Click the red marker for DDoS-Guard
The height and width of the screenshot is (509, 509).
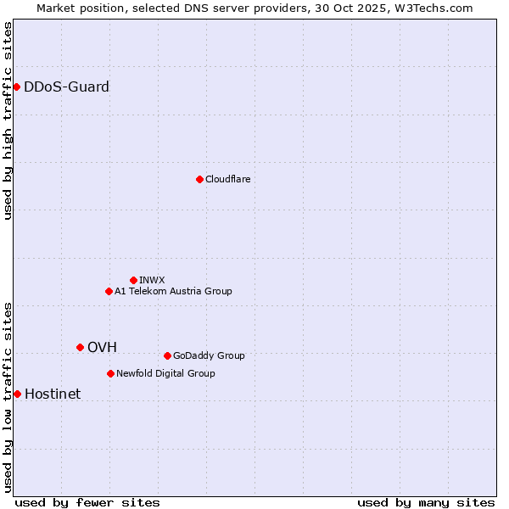coord(16,87)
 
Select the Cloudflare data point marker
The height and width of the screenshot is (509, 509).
coord(199,179)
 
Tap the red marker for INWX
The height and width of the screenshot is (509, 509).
coord(133,280)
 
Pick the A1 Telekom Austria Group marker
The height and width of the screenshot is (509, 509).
coord(109,291)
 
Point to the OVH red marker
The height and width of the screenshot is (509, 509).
coord(80,347)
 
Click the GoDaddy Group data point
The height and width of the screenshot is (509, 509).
coord(167,355)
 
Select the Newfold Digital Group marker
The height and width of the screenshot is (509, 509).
coord(110,373)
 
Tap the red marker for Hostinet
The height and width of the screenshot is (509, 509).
coord(17,394)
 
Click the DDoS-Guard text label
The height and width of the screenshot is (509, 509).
coord(66,87)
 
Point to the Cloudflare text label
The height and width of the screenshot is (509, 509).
coord(227,179)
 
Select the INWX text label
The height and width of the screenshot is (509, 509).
coord(152,280)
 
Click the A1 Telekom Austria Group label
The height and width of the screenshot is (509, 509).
coord(173,291)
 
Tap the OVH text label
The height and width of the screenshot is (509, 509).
coord(102,347)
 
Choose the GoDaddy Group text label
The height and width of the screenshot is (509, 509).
coord(209,355)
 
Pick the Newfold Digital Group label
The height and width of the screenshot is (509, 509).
coord(165,373)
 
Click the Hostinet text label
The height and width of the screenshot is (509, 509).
coord(53,394)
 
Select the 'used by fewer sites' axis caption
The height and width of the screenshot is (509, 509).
coord(87,502)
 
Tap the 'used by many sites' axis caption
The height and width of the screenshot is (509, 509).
coord(426,502)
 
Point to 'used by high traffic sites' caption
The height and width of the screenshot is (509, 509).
coord(8,120)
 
